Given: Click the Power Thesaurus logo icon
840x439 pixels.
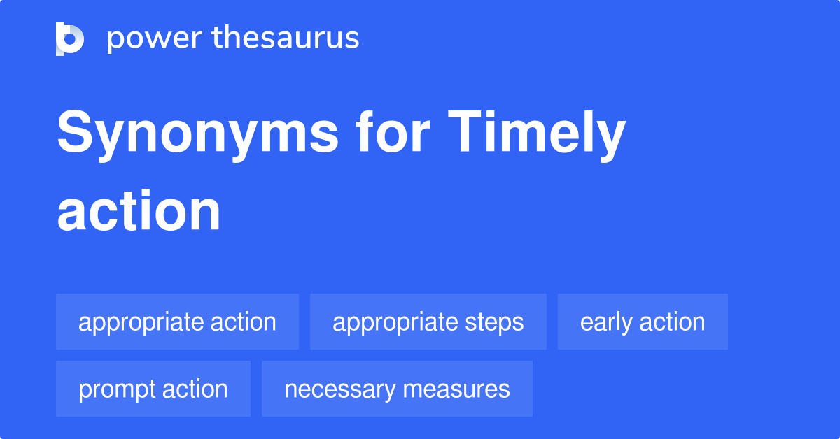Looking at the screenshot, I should (70, 38).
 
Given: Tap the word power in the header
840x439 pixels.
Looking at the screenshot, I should (143, 38).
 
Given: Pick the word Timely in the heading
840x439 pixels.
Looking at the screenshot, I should (536, 134).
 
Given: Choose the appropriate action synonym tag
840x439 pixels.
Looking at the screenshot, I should (177, 322).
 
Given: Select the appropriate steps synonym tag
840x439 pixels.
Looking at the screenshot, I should (428, 322).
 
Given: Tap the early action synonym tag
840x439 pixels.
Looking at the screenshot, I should (643, 322).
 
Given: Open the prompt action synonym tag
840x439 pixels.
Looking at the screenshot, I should (153, 389).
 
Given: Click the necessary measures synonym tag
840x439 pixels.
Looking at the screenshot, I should (397, 389).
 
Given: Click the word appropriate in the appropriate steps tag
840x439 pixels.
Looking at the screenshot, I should (395, 322).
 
